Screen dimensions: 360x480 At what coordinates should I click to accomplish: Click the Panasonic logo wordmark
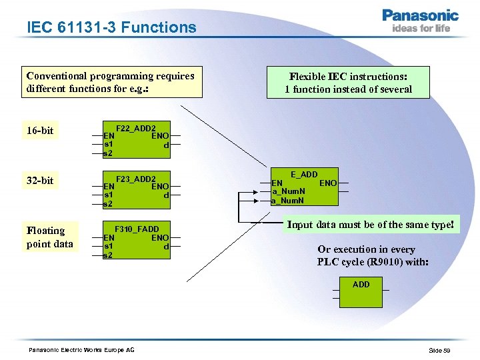click(420, 15)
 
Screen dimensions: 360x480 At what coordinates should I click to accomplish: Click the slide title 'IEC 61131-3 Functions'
click(112, 27)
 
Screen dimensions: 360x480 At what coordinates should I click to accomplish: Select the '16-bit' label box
click(40, 130)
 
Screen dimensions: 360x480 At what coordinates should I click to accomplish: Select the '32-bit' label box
click(40, 181)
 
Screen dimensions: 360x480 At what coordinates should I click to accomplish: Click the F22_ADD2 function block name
click(136, 128)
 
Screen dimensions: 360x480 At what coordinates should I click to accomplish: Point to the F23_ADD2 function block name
click(136, 179)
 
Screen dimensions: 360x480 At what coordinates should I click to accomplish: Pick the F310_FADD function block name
click(137, 229)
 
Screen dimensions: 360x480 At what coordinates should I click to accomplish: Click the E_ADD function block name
click(304, 175)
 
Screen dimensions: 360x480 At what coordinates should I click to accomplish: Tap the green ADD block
click(361, 293)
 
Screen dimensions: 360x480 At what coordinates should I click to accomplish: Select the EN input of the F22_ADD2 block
click(109, 135)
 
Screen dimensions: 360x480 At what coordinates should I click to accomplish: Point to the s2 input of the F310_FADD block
click(108, 255)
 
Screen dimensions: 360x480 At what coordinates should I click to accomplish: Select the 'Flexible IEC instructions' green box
click(348, 83)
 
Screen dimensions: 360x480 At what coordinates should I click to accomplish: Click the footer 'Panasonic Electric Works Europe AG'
click(81, 350)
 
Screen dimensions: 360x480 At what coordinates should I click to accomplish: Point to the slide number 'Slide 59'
click(440, 351)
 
